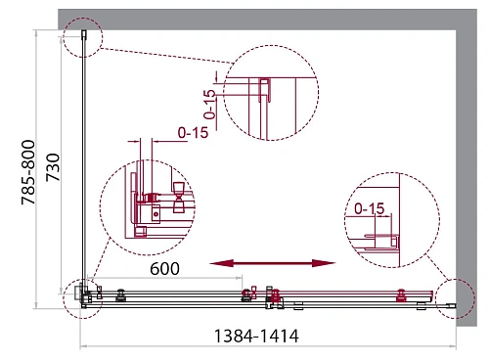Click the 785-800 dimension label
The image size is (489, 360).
[28, 172]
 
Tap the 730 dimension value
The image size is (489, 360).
[53, 167]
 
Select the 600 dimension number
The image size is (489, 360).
[164, 269]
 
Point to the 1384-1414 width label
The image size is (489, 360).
[256, 336]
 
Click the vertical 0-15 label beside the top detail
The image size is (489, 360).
[209, 105]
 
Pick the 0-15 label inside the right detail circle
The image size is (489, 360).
[370, 208]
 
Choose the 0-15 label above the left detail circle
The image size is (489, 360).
[193, 133]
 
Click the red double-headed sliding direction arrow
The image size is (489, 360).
[273, 263]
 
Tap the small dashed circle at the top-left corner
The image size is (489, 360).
[82, 37]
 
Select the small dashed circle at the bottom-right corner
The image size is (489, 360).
[455, 298]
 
